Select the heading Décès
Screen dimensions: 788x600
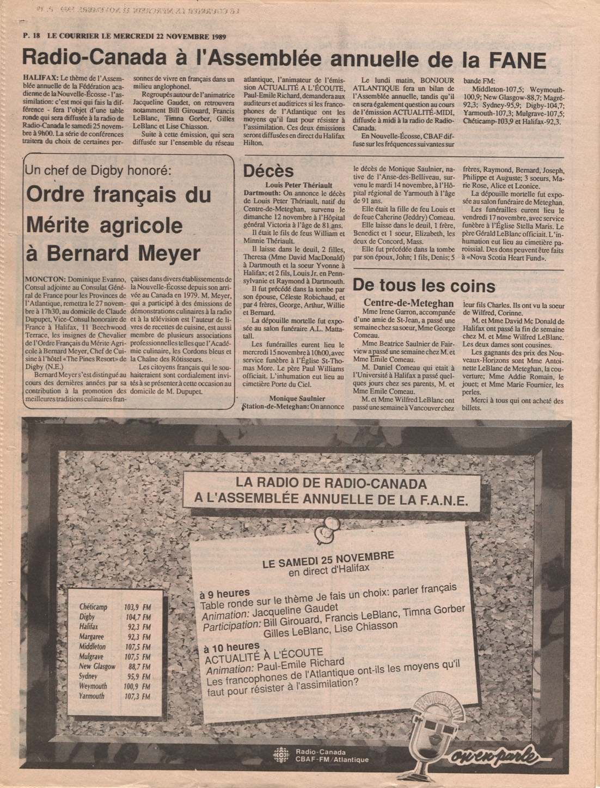tap(268, 171)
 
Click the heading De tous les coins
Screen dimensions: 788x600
tap(424, 285)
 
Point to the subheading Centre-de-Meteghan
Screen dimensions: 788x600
tap(408, 303)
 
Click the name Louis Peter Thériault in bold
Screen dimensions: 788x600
tap(298, 185)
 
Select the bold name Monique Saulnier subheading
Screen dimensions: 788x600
tap(297, 399)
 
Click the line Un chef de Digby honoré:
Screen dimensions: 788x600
tap(98, 170)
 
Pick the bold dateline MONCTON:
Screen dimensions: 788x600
tap(46, 279)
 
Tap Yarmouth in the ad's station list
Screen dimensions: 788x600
tap(91, 696)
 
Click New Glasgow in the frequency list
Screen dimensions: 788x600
tap(97, 667)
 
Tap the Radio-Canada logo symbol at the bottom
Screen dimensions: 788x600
tap(281, 756)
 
